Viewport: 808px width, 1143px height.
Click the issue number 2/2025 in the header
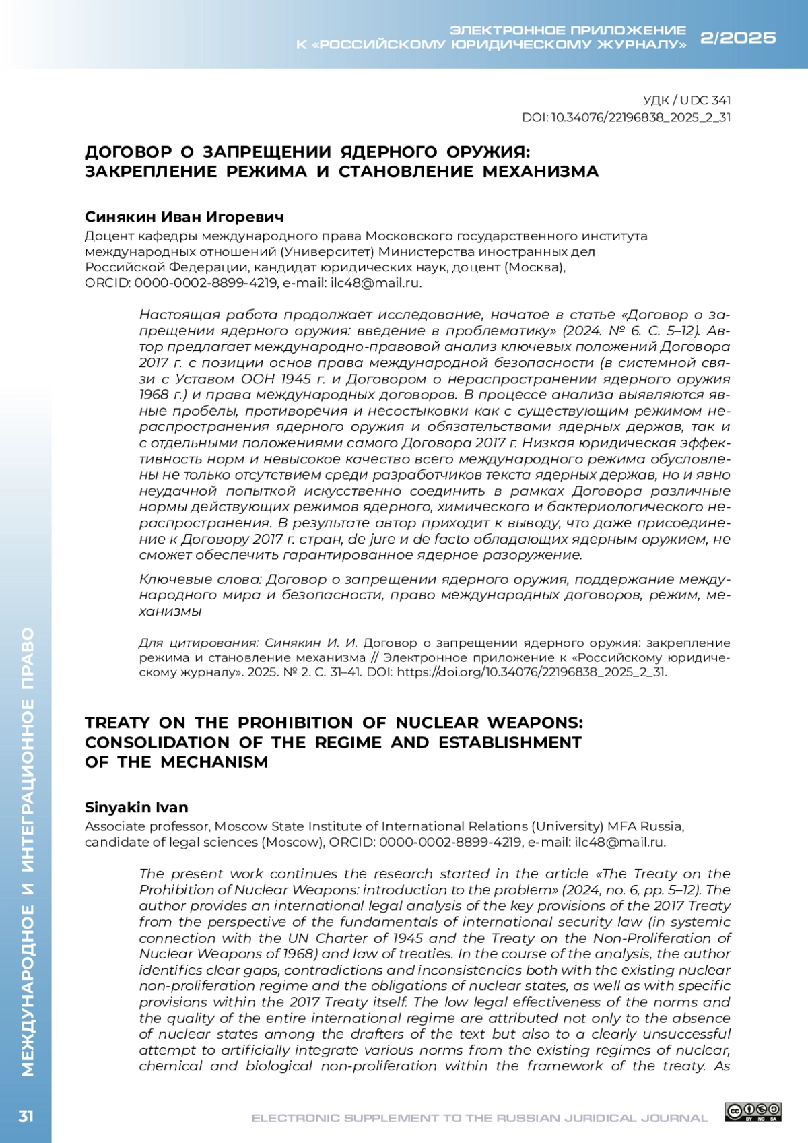[738, 38]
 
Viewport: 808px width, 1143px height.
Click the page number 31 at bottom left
[26, 1117]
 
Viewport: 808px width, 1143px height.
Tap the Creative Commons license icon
[753, 1112]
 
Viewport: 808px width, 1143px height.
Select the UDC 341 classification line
[687, 100]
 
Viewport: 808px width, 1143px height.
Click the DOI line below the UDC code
[626, 118]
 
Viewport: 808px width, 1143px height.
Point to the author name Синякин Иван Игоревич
[184, 217]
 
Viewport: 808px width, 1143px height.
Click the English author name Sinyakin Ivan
[136, 808]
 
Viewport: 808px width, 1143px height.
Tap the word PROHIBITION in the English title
[296, 723]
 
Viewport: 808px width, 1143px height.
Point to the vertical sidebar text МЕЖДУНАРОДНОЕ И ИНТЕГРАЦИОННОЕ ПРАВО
[27, 852]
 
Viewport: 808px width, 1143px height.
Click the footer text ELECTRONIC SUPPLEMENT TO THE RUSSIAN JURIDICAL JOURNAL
[479, 1118]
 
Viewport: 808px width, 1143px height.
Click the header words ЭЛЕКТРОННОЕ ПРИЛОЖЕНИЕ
[568, 30]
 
